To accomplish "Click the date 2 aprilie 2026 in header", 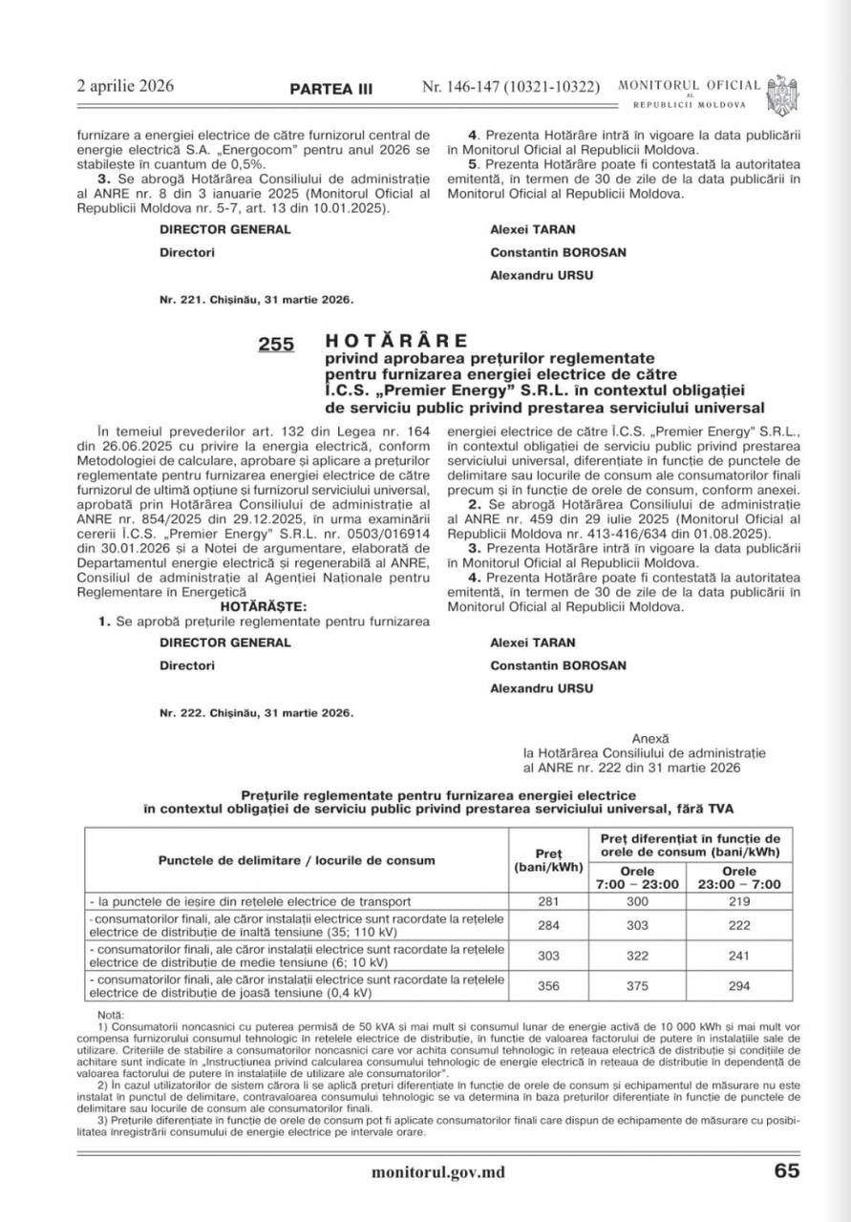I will click(x=125, y=86).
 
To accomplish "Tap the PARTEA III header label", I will click(x=331, y=89).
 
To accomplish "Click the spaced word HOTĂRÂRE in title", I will click(x=396, y=340).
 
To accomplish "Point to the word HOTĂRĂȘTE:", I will click(x=263, y=606).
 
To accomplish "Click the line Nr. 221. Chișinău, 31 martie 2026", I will click(x=256, y=299).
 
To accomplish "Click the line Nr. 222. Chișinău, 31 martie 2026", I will click(x=256, y=712).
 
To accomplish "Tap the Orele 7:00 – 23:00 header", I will click(x=637, y=877).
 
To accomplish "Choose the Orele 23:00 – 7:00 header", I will click(x=738, y=877).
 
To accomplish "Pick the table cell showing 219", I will click(x=738, y=901).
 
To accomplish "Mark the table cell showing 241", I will click(x=738, y=958).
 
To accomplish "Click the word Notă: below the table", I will click(x=111, y=1014).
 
